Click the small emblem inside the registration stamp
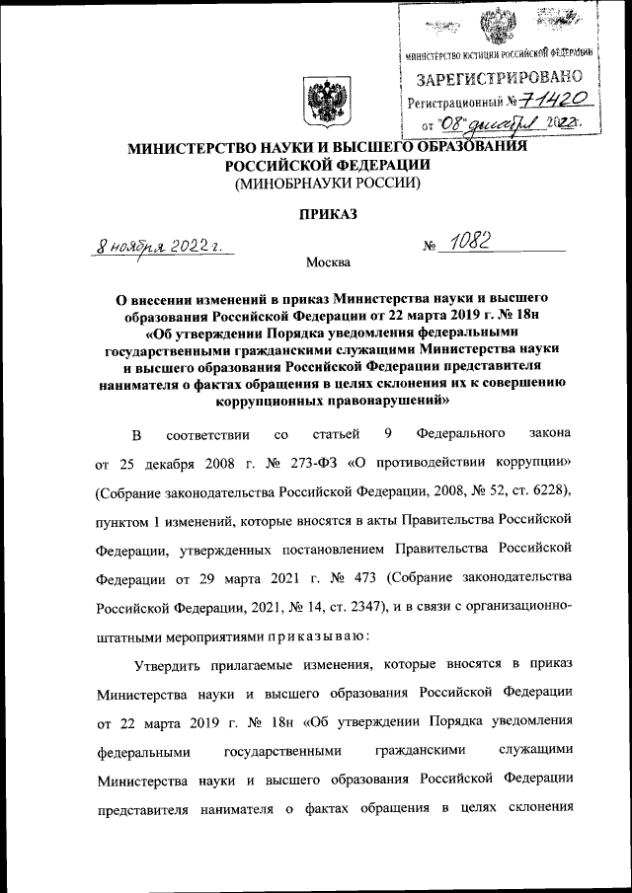(496, 25)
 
